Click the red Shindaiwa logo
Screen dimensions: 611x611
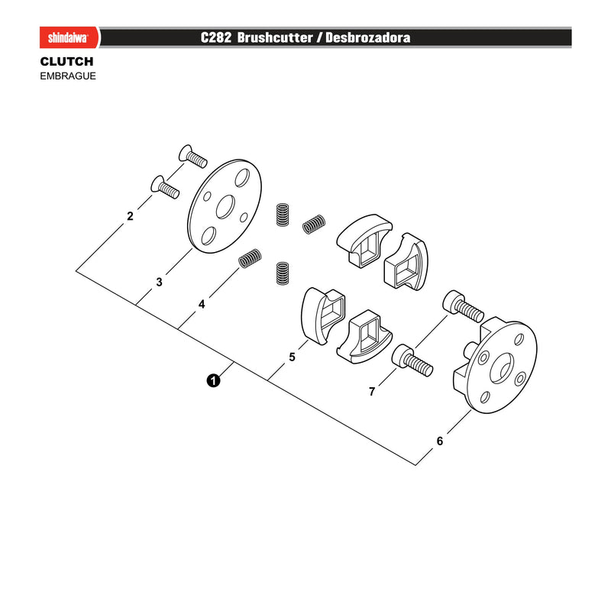coord(70,37)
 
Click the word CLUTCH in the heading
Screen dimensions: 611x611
coord(66,62)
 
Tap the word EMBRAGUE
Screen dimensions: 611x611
coord(68,76)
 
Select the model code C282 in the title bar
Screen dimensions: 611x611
coord(216,37)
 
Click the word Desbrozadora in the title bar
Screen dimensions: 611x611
coord(367,37)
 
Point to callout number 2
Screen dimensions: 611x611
coord(130,216)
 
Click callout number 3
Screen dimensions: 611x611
coord(159,282)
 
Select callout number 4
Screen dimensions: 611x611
coord(202,304)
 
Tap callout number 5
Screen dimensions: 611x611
coord(293,357)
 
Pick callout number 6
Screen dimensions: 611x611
coord(440,441)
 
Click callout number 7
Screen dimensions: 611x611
coord(372,391)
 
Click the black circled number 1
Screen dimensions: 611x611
coord(213,380)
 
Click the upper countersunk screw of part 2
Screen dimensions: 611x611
coord(192,156)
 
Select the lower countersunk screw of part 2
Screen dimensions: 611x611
coord(165,187)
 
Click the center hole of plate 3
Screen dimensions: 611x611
coord(225,207)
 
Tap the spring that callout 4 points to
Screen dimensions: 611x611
coord(250,258)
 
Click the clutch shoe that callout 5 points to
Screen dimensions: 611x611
coord(322,315)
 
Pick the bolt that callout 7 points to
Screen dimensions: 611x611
coord(412,360)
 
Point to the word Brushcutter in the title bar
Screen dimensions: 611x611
coord(275,37)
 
